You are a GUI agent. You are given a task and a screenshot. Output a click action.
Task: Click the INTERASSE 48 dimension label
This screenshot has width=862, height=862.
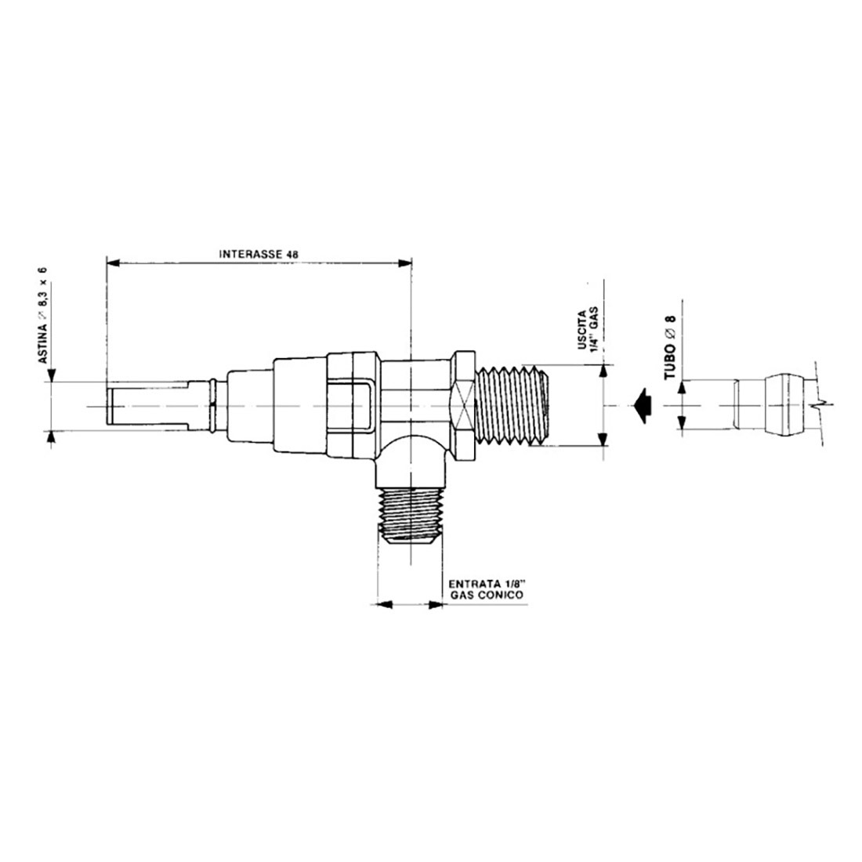tap(259, 254)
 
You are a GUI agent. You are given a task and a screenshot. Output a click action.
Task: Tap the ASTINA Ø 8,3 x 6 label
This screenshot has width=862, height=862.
tap(43, 314)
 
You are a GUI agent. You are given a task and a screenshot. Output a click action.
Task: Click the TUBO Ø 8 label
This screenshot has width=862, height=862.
tap(669, 345)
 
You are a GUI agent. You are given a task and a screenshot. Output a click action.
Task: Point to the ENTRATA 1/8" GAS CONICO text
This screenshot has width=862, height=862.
tap(486, 589)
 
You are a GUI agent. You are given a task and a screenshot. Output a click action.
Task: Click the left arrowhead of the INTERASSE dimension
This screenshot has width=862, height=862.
tap(111, 263)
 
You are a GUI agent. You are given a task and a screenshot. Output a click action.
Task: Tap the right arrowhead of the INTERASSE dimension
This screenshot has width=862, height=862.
tap(406, 263)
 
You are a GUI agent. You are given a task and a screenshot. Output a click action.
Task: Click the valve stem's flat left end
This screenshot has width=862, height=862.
tap(107, 405)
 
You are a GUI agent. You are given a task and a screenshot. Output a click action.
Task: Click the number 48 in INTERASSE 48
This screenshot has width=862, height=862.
tap(293, 254)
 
